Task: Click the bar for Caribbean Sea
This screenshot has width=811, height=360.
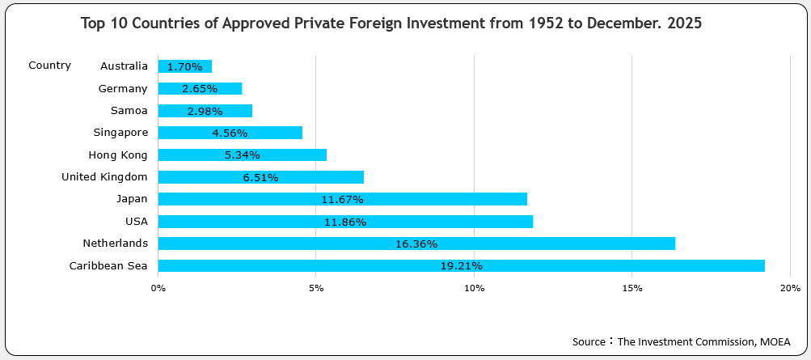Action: coord(461,265)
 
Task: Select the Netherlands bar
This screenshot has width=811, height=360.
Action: coord(416,244)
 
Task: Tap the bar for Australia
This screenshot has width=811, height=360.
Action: coord(184,66)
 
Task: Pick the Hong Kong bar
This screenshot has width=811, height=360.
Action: coord(242,155)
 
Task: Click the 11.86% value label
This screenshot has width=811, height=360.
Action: coord(345,222)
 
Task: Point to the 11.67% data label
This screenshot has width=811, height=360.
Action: coord(342,199)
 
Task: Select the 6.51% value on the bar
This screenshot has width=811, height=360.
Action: coord(260,177)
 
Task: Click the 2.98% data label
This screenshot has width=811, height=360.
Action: coord(205,111)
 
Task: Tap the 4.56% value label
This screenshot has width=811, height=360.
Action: coord(230,133)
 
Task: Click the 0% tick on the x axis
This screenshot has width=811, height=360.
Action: coord(158,288)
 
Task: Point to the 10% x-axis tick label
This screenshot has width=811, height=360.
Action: coord(475,288)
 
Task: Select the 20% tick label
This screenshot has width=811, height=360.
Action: coord(790,288)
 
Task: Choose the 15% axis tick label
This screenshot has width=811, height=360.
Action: coord(632,288)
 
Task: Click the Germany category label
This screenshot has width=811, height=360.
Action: coord(123,88)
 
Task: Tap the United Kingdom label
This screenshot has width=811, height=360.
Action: coord(104,176)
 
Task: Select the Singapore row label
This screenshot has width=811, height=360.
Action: coord(120,132)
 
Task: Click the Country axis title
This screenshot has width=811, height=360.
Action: coord(49,66)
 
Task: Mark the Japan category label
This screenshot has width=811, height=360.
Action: coord(132,198)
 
